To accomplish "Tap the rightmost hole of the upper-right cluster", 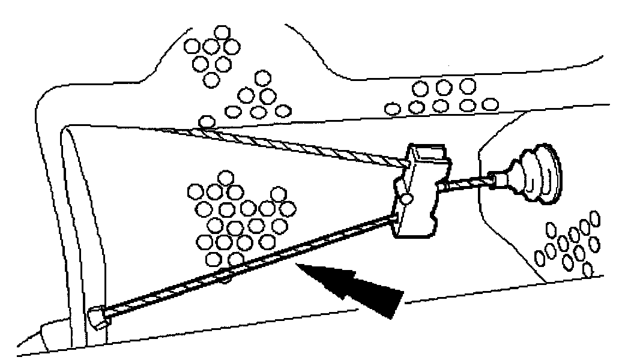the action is [491, 104].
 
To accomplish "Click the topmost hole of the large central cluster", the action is [225, 177].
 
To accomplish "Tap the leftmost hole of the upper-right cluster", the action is [393, 109].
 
